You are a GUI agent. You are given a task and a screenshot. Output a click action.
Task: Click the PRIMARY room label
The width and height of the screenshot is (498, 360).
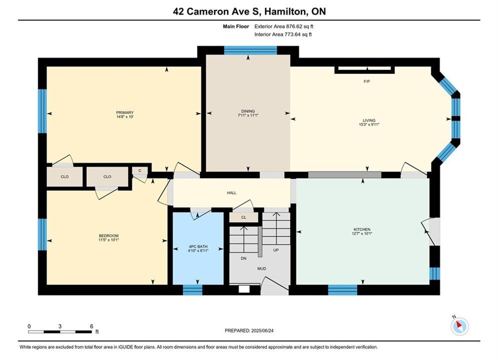[125, 112]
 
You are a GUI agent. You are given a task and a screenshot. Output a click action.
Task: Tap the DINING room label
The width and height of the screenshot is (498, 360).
[248, 111]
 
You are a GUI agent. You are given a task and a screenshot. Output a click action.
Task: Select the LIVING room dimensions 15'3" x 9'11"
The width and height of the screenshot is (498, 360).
[369, 124]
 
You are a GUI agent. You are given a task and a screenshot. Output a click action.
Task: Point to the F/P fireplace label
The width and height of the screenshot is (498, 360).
[367, 81]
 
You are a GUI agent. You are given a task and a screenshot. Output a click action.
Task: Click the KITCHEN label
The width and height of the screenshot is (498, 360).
[362, 229]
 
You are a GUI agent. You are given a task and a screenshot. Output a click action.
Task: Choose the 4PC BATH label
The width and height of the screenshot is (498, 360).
[198, 246]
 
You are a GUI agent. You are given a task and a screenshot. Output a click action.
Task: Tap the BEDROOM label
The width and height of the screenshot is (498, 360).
[109, 235]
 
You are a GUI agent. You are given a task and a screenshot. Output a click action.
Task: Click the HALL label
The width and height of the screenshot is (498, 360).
[232, 193]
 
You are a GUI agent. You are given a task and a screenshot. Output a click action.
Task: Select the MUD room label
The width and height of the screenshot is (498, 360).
[262, 268]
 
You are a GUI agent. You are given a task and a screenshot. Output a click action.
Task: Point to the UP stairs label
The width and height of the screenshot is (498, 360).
[276, 250]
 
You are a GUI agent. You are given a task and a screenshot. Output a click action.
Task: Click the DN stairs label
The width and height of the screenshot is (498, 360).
[244, 258]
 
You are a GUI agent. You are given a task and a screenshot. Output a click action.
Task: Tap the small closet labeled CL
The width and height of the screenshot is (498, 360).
[244, 217]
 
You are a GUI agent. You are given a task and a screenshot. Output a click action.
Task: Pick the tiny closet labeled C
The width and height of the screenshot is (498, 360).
[140, 170]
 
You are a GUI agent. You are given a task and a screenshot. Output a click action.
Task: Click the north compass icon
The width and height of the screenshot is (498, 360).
[459, 325]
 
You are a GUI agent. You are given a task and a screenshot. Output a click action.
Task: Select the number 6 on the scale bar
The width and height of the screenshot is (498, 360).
[92, 326]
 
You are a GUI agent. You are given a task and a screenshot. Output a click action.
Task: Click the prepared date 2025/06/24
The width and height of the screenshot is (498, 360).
[262, 330]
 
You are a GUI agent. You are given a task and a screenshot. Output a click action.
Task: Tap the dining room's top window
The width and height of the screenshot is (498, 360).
[251, 50]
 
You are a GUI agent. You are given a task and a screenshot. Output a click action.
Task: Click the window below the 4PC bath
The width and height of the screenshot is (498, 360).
[193, 290]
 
